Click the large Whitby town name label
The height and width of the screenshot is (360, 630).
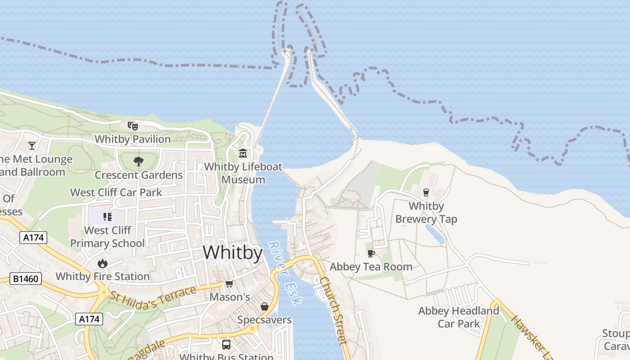(x=233, y=253)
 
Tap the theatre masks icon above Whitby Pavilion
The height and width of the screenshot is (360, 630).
(x=132, y=126)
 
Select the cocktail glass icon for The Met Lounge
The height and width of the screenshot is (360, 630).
(x=32, y=145)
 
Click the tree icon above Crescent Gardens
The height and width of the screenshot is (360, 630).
(x=138, y=161)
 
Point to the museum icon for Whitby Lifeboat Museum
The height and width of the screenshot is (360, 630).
(x=243, y=153)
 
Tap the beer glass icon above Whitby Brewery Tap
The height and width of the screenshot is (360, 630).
(x=426, y=193)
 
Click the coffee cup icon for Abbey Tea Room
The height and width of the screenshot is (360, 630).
(x=371, y=253)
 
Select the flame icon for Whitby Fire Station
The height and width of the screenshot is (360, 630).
(x=103, y=263)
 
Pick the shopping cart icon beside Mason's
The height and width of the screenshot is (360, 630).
(x=229, y=283)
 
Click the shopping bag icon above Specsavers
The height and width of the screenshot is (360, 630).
(x=265, y=306)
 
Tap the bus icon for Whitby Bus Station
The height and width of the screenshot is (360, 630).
(x=226, y=345)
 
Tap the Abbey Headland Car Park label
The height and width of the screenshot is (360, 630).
(x=459, y=317)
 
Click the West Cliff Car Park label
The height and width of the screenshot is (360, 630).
(x=116, y=193)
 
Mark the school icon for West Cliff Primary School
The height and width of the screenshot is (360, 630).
(x=107, y=217)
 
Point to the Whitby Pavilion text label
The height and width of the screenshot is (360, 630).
(x=133, y=139)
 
